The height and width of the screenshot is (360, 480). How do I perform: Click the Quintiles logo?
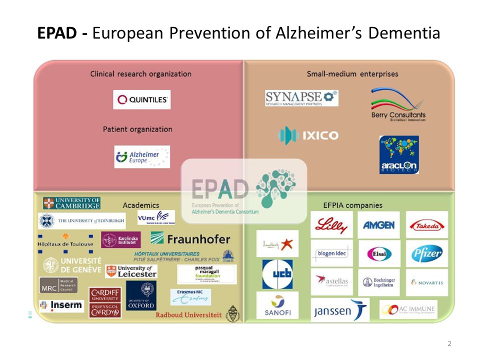[141, 99]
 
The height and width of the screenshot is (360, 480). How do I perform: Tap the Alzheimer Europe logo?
[142, 157]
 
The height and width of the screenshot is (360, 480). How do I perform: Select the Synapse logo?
[301, 98]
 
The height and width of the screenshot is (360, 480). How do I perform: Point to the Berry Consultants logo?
[398, 105]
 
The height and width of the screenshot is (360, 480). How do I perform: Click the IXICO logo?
[308, 135]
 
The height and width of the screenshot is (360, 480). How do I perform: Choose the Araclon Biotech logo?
[399, 155]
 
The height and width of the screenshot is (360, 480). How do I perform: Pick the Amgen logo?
[378, 225]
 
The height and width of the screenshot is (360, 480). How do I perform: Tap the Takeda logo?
[426, 225]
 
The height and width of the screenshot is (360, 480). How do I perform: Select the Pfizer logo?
[426, 253]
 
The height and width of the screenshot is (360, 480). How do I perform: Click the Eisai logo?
[379, 253]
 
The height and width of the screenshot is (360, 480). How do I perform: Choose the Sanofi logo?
[277, 305]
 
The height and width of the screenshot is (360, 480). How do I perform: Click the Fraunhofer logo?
[190, 239]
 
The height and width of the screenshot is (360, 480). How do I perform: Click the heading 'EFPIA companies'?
[353, 205]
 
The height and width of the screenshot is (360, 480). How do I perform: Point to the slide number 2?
[449, 343]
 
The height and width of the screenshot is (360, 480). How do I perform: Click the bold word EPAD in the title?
[57, 33]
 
